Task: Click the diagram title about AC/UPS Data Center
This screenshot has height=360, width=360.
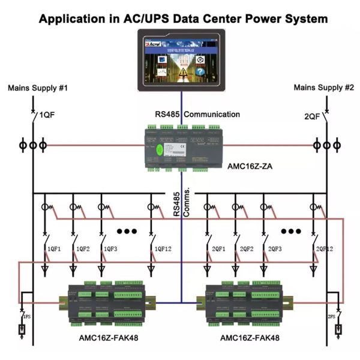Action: click(x=183, y=19)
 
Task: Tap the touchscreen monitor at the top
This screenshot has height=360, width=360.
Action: click(x=181, y=64)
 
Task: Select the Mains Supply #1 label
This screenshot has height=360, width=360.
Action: click(x=37, y=88)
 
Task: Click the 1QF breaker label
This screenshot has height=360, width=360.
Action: click(x=47, y=115)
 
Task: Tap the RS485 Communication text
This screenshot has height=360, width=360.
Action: click(x=197, y=114)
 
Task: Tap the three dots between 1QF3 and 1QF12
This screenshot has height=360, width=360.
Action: click(x=127, y=231)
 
